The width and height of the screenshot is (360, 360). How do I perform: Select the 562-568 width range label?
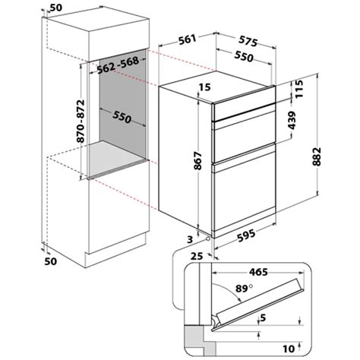(x=122, y=68)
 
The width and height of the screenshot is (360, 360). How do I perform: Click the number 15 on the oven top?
(x=203, y=88)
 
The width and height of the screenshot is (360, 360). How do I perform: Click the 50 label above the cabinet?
(x=56, y=7)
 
